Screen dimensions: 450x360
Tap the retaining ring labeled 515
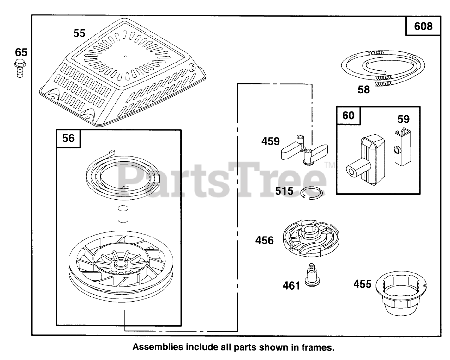312,193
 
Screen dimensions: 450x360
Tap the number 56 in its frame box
68,138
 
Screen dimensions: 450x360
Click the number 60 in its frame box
348,115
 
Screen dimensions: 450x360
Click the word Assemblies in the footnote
158,347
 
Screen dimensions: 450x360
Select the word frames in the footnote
318,347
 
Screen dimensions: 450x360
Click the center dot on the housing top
126,56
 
